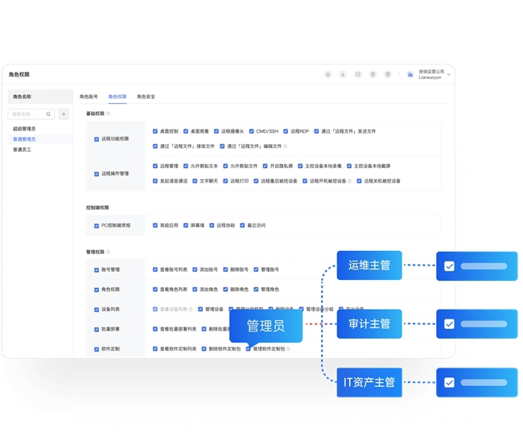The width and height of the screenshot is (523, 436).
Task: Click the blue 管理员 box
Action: [x=266, y=326]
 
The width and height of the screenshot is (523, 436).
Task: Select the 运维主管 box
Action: [x=369, y=265]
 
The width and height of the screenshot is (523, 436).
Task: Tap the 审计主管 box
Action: [x=369, y=323]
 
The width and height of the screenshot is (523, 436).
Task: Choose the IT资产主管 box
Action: [x=369, y=382]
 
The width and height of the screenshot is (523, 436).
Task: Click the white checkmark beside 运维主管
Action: [x=449, y=266]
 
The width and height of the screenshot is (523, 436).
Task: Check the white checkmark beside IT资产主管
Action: [x=449, y=382]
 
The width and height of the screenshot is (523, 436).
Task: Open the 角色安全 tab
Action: [x=146, y=97]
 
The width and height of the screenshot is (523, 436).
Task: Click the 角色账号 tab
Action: [x=89, y=97]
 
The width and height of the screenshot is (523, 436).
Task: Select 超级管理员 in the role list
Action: [x=24, y=129]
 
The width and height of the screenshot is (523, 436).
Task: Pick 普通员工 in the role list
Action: [x=23, y=150]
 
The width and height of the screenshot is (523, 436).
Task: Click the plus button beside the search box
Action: [x=64, y=114]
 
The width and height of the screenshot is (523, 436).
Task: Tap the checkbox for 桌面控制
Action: [x=155, y=131]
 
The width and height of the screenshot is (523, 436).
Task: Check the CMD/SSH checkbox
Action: [x=251, y=131]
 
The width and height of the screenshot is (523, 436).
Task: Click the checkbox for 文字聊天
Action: [x=195, y=181]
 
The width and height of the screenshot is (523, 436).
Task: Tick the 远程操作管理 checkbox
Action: [x=97, y=174]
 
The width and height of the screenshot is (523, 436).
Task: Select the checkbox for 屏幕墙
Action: [x=185, y=225]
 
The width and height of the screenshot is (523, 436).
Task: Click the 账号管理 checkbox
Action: [x=97, y=269]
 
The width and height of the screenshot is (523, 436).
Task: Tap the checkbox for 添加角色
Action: [x=195, y=289]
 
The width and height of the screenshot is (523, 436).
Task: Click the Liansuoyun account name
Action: [x=430, y=78]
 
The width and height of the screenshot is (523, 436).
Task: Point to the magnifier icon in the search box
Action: [x=48, y=114]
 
